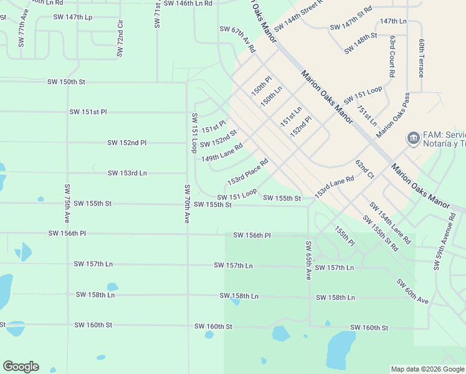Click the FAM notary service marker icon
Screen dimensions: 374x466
pyautogui.click(x=412, y=138)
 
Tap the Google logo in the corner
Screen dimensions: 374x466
pyautogui.click(x=21, y=367)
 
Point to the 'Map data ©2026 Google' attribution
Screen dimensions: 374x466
pyautogui.click(x=427, y=369)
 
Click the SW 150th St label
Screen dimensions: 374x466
pyautogui.click(x=66, y=82)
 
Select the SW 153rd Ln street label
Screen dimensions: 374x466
pyautogui.click(x=127, y=173)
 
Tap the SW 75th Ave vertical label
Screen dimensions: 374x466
pyautogui.click(x=67, y=204)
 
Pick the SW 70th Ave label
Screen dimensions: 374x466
pyautogui.click(x=186, y=204)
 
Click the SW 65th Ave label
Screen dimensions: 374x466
pyautogui.click(x=308, y=260)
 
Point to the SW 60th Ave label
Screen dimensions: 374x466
pyautogui.click(x=412, y=291)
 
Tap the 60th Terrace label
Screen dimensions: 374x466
pyautogui.click(x=422, y=58)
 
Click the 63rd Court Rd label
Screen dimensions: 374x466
pyautogui.click(x=392, y=56)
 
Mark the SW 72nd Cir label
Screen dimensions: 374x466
pyautogui.click(x=120, y=38)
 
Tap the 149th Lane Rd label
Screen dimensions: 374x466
pyautogui.click(x=221, y=154)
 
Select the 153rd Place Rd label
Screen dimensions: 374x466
pyautogui.click(x=247, y=171)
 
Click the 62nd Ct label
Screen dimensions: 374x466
pyautogui.click(x=364, y=170)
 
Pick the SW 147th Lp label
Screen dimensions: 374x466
pyautogui.click(x=73, y=17)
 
